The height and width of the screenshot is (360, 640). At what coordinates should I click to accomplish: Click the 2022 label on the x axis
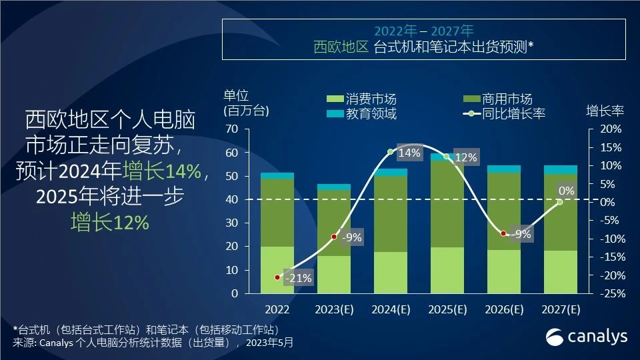pos(277,309)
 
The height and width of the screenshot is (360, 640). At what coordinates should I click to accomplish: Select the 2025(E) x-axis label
pos(447,309)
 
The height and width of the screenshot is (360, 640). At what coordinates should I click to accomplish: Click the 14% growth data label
pos(409,153)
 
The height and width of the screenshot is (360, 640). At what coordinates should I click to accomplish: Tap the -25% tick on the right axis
pos(610,293)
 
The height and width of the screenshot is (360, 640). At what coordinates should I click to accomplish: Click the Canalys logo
pos(587,337)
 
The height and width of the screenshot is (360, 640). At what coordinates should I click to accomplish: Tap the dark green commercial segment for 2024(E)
pos(391,213)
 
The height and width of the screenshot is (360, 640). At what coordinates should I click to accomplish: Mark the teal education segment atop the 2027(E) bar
pos(561,169)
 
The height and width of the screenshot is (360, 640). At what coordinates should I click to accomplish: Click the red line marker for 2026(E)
pos(504,233)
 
